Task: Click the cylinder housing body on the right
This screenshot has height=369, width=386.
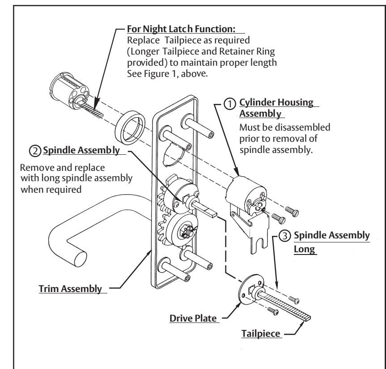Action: click(x=242, y=199)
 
